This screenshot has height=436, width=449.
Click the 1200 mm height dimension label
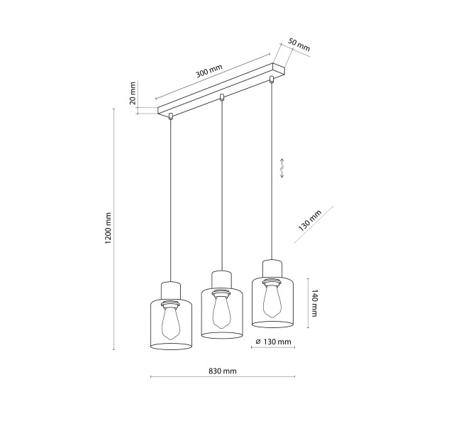point(108,228)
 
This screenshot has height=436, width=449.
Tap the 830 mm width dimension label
point(223,371)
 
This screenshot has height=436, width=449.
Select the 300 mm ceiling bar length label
point(209,71)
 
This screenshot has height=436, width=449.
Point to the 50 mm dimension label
point(299,45)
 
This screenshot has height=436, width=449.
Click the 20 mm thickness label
point(133,93)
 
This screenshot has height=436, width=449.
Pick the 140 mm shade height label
point(314,303)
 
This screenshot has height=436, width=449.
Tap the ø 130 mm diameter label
point(273,342)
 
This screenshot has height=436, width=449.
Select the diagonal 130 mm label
point(310,221)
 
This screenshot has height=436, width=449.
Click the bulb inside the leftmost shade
point(171,322)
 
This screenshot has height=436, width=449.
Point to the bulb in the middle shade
point(221,311)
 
